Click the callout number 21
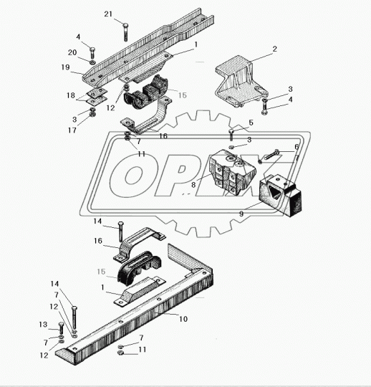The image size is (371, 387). coord(108,14)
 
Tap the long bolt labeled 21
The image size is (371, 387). coord(125,32)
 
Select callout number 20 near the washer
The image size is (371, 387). coord(72,52)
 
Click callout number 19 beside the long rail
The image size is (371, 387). coord(65,67)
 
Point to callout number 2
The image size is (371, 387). coord(274,49)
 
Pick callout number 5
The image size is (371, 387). coord(251,123)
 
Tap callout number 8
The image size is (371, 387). coord(193,185)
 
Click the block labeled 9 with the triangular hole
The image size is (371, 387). coord(281,195)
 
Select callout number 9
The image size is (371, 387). coord(241,214)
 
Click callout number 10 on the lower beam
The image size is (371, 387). coord(183,319)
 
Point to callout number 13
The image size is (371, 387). coord(43,325)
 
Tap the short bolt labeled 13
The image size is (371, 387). coord(61,328)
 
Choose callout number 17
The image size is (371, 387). coord(72,130)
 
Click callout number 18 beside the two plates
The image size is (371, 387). coord(71,95)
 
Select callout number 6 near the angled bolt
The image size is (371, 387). coord(297,147)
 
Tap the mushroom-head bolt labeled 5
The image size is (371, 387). coord(231,135)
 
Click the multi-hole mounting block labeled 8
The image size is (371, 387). coord(232,173)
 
